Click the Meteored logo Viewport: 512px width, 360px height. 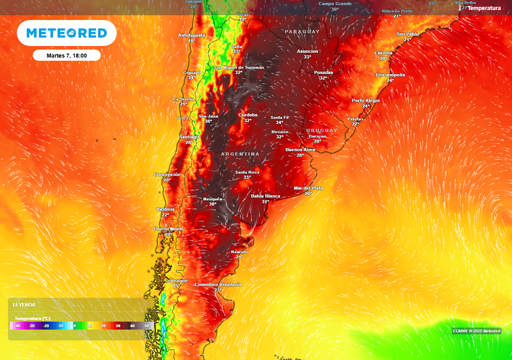coord(66,33)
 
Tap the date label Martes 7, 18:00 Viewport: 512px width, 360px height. coord(66,55)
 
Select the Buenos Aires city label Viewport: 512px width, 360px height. coord(300,149)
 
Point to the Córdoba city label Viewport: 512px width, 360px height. coord(248,114)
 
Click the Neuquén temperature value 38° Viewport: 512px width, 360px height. coord(212,204)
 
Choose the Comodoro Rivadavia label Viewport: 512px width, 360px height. coord(217,284)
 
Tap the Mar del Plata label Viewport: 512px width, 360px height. coord(308,188)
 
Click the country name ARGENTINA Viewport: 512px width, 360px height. coord(240,154)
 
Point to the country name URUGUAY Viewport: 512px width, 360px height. coord(322,130)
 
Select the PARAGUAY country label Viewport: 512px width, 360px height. coord(301,31)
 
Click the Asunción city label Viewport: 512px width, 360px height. coord(307,51)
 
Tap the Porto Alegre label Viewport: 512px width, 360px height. coord(365,100)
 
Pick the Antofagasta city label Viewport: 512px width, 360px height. coord(191,35)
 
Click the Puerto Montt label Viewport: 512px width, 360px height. coord(168,229)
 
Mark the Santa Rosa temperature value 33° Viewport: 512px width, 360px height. coord(247,177)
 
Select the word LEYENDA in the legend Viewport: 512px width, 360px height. coord(24,304)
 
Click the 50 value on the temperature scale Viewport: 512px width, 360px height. coord(146,325)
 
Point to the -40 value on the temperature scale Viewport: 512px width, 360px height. coord(17,325)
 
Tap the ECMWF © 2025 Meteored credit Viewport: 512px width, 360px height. coord(476,331)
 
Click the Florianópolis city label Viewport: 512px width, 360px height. coord(390,74)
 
